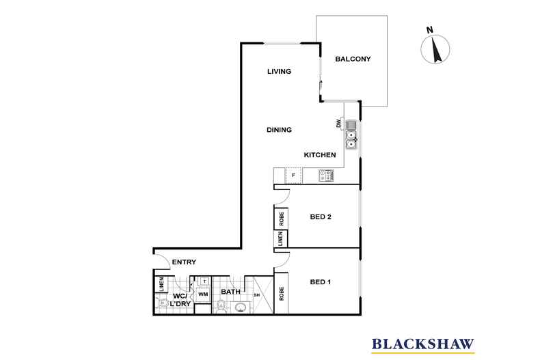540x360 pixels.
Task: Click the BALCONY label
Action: click(x=353, y=59)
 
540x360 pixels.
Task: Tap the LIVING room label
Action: click(x=279, y=72)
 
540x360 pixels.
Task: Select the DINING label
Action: click(x=279, y=130)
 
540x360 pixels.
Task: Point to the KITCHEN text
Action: click(x=319, y=156)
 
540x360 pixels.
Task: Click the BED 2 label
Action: click(x=321, y=217)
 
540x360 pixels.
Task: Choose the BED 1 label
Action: click(x=321, y=281)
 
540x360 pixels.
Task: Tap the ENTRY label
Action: click(x=184, y=262)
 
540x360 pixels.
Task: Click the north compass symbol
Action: click(x=433, y=48)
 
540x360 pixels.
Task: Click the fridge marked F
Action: click(x=294, y=176)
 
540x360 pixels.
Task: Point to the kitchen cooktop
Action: click(x=325, y=176)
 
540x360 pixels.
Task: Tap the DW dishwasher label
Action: click(x=338, y=124)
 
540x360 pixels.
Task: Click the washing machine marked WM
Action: click(x=203, y=294)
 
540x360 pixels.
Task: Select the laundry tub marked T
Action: click(x=204, y=281)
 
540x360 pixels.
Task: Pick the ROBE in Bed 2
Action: click(x=281, y=218)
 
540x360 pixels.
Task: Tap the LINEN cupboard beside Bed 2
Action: click(x=281, y=239)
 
